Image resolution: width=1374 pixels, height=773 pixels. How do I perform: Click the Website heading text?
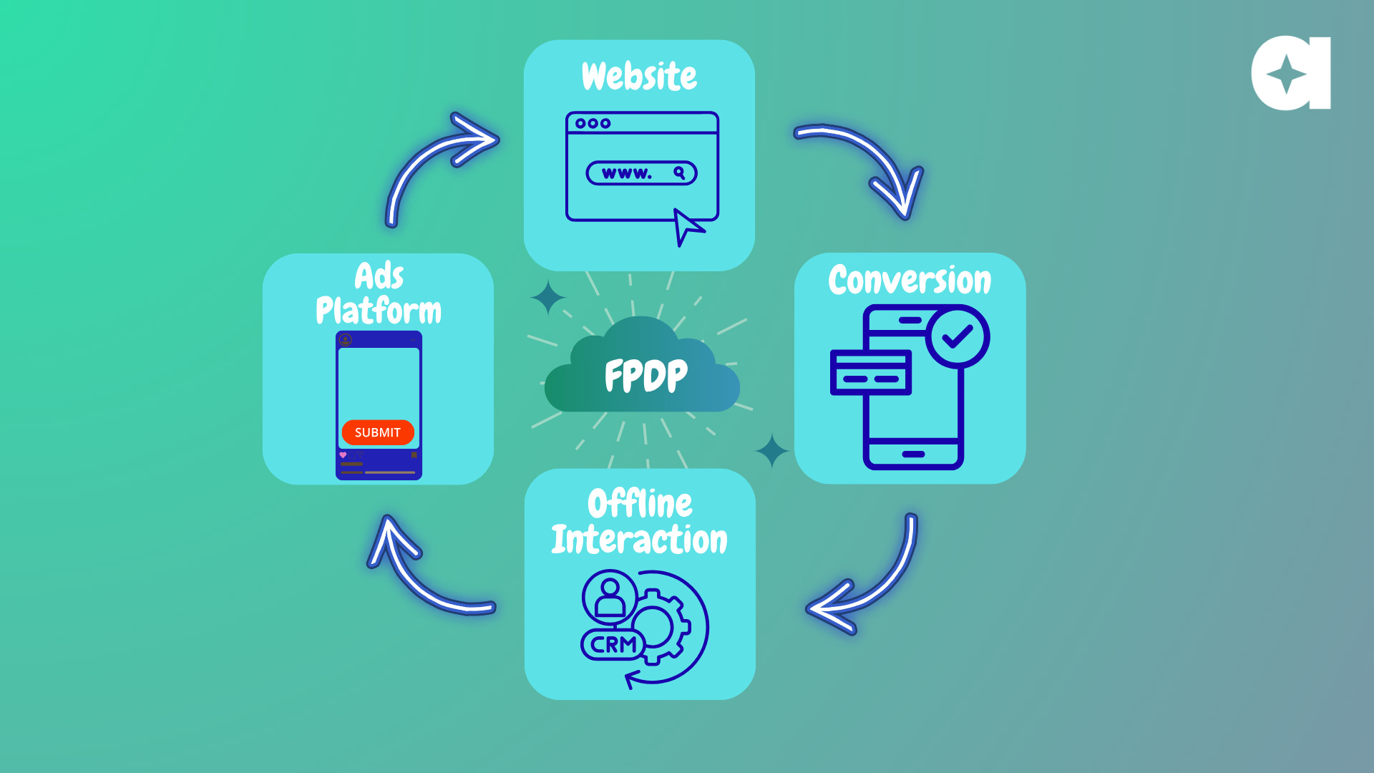pyautogui.click(x=639, y=77)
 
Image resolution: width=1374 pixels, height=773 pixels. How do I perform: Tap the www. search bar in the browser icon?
pyautogui.click(x=641, y=173)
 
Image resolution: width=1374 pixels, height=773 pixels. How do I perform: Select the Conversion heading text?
pyautogui.click(x=910, y=280)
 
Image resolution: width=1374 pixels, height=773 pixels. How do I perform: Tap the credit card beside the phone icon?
pyautogui.click(x=870, y=372)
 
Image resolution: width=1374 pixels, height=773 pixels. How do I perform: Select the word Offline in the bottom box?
pyautogui.click(x=640, y=504)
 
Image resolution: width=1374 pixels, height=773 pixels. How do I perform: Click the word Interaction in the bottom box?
pyautogui.click(x=639, y=540)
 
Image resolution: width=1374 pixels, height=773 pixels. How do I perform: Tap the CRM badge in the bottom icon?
pyautogui.click(x=613, y=644)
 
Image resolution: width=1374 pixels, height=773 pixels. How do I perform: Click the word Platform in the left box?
pyautogui.click(x=379, y=311)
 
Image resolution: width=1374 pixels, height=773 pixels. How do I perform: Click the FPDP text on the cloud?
pyautogui.click(x=645, y=376)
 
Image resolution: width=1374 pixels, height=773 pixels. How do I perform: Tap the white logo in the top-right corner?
pyautogui.click(x=1291, y=73)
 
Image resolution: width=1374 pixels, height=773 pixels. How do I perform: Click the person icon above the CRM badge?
pyautogui.click(x=610, y=597)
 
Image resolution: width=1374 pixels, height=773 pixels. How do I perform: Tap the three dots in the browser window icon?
pyautogui.click(x=593, y=123)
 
